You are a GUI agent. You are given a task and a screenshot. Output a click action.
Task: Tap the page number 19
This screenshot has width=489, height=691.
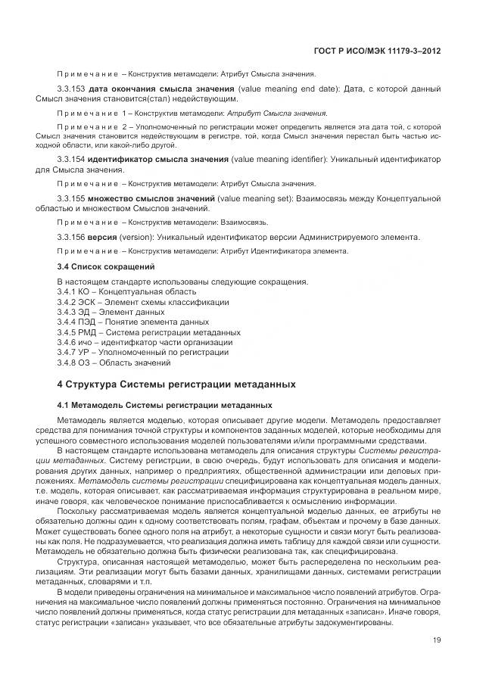437,640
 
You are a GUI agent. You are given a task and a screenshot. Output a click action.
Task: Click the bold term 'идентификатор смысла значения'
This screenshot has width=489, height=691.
158,160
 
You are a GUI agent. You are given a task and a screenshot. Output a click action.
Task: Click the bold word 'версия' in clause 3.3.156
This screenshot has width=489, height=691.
102,237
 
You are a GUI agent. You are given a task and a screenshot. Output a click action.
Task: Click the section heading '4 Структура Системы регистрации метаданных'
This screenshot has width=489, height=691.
176,384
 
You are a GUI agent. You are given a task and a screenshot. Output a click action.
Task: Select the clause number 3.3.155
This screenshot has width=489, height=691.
71,198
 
